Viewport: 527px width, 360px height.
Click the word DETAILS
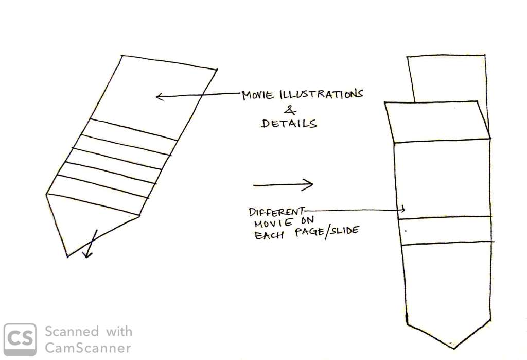click(289, 123)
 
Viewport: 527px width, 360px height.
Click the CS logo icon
click(20, 339)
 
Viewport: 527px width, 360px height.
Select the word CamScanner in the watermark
click(87, 348)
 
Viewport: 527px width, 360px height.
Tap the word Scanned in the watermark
click(72, 331)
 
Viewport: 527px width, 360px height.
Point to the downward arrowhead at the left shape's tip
click(87, 254)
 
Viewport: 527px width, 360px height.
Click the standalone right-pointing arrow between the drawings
click(283, 184)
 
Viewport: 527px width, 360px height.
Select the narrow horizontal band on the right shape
click(446, 230)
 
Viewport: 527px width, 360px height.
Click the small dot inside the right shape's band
click(406, 231)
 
